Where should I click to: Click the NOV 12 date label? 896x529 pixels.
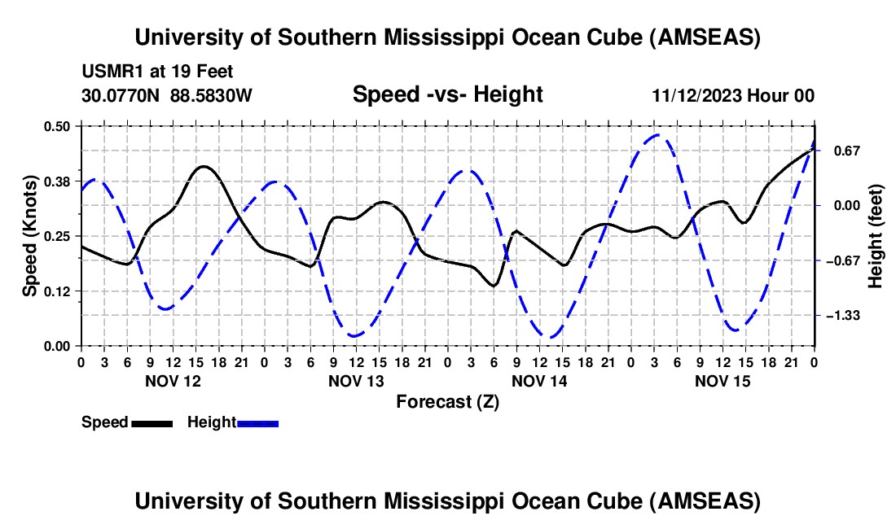173,381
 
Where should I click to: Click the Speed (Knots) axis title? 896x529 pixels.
29,236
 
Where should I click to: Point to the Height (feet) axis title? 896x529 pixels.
876,236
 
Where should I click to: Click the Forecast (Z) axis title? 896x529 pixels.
447,401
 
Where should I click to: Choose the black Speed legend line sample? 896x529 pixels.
152,422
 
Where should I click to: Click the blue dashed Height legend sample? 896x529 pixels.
257,422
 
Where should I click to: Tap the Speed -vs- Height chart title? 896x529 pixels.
447,94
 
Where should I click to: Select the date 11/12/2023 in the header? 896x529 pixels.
696,95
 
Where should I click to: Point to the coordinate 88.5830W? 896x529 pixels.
212,95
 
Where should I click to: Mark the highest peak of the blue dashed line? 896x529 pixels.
658,135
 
